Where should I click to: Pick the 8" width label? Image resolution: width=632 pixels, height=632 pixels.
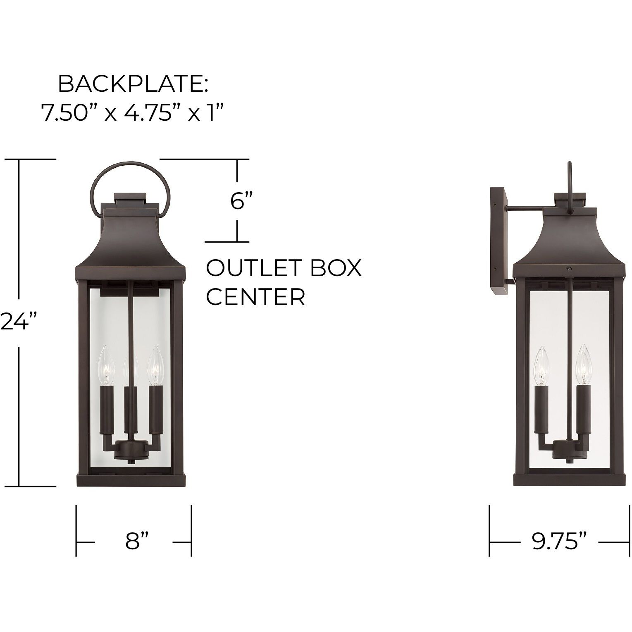coord(137,541)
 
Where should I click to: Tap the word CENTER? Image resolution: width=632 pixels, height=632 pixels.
coord(255,296)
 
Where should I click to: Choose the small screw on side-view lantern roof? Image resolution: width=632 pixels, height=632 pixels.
coord(569,269)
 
